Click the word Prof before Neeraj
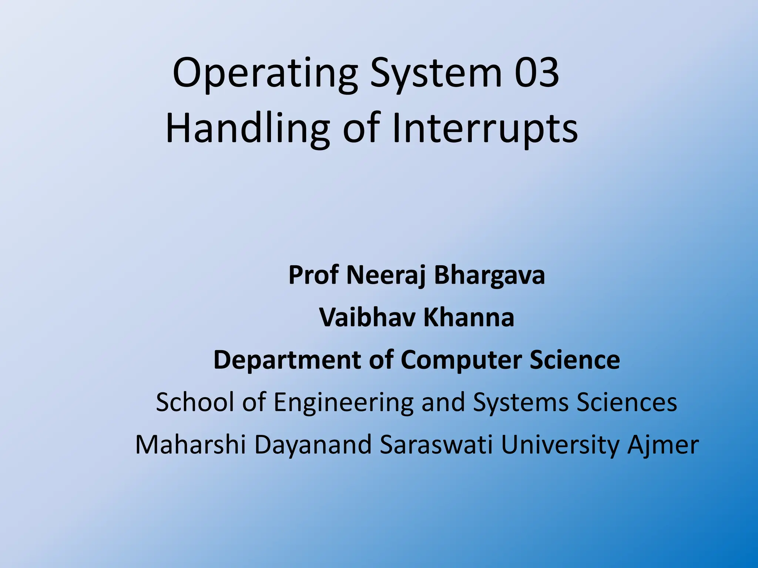click(x=313, y=275)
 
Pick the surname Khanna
click(x=469, y=318)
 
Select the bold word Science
click(x=575, y=360)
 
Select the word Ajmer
click(x=663, y=445)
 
